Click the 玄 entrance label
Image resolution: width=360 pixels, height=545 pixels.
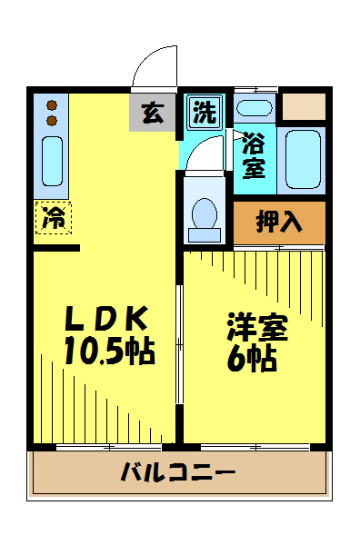[x=153, y=113]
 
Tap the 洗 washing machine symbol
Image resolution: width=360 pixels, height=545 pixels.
[x=205, y=112]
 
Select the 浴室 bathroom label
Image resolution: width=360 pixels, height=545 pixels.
[x=255, y=155]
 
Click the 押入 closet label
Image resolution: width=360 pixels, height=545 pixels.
[x=279, y=222]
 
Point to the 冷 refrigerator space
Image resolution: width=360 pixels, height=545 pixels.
[x=54, y=218]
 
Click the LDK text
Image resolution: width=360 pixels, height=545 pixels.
[x=106, y=318]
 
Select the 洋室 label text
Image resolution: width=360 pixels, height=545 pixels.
[x=257, y=327]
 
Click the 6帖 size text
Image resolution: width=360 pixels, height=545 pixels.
[x=252, y=359]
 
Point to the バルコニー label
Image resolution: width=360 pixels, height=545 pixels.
[x=178, y=471]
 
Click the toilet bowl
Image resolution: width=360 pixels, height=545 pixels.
[x=205, y=213]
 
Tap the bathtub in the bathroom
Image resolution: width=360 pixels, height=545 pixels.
[x=303, y=159]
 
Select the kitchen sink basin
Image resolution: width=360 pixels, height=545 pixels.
[x=52, y=161]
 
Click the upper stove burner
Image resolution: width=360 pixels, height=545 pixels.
[x=52, y=105]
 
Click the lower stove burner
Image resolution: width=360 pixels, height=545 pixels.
[x=52, y=121]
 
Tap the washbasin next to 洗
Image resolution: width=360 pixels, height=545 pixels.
[x=255, y=108]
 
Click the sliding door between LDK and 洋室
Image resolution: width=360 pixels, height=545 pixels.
[x=179, y=344]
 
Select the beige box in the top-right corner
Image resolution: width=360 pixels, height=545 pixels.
[x=304, y=106]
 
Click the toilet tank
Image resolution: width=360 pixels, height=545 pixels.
[x=205, y=235]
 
